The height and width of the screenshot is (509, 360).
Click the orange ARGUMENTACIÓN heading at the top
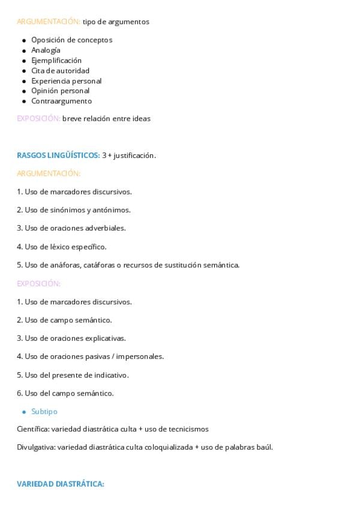[49, 22]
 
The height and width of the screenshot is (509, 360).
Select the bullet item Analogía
[46, 50]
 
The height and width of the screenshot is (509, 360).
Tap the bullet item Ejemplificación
[56, 60]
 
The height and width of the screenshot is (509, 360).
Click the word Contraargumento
[61, 101]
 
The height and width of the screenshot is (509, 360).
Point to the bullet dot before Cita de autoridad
[24, 71]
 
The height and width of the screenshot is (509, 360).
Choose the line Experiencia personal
[66, 80]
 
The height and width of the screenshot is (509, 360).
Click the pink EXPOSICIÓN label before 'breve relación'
[38, 118]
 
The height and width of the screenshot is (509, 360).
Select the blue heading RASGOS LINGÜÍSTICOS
[58, 155]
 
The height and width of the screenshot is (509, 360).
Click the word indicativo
[110, 375]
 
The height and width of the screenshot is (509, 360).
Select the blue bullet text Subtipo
[44, 412]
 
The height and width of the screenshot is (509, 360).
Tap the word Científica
[33, 429]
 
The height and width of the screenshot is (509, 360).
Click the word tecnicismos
[187, 429]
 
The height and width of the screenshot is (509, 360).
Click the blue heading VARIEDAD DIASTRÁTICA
[60, 483]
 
